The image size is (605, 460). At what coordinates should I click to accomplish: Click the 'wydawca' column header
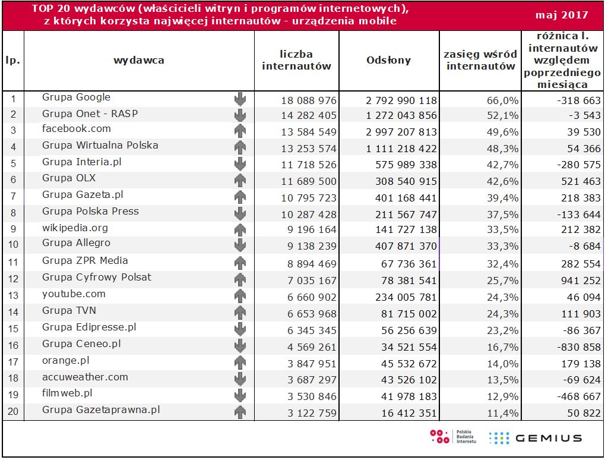point(139,60)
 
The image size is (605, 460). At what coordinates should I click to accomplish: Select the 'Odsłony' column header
point(389,60)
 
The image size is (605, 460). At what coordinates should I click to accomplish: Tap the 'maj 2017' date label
point(562,15)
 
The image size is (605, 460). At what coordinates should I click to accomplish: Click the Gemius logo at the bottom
point(535,438)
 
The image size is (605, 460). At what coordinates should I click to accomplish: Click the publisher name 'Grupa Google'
point(76,97)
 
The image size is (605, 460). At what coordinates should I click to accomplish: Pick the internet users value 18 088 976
point(309,100)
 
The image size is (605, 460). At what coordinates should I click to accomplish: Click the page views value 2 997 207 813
point(401,132)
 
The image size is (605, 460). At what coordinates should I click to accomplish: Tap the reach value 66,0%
point(502,100)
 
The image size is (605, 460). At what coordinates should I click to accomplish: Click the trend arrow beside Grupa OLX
point(240,179)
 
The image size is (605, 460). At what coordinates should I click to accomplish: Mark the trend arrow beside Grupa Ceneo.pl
point(240,345)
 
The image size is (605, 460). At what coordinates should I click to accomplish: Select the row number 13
point(13,295)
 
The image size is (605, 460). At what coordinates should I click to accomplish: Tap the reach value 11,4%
point(502,413)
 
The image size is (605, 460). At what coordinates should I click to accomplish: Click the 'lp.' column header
point(13,60)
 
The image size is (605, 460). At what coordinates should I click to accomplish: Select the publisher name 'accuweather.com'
point(85,377)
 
